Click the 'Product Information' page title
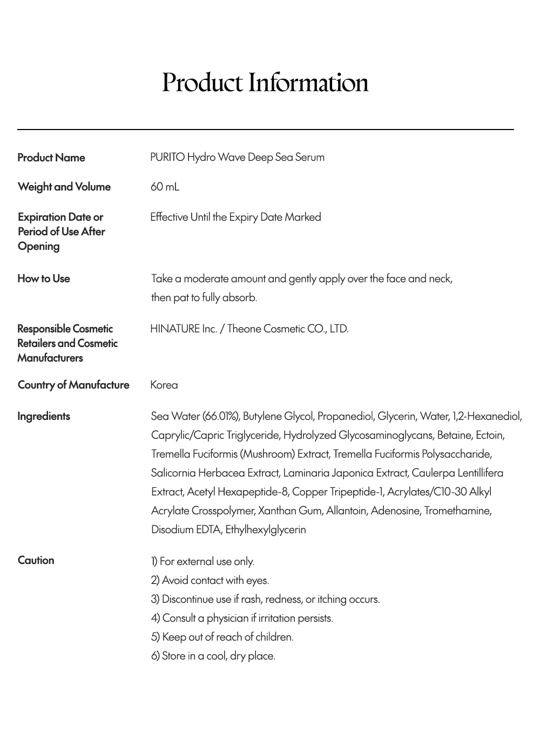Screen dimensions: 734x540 click(x=265, y=83)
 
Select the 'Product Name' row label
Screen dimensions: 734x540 click(x=51, y=158)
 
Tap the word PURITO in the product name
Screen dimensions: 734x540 click(x=167, y=157)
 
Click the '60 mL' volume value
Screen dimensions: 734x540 click(x=165, y=187)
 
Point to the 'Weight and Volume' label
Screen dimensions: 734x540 click(x=64, y=187)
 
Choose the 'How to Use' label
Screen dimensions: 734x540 click(x=44, y=278)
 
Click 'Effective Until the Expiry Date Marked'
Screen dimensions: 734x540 click(x=235, y=217)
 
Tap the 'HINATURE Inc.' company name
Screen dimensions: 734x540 click(x=184, y=329)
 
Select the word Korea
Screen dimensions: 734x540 click(x=164, y=385)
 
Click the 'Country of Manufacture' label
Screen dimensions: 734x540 click(x=73, y=385)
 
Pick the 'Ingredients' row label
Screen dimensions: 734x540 click(x=44, y=416)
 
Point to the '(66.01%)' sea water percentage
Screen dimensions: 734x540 click(x=221, y=416)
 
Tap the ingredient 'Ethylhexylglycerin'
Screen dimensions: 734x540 click(x=266, y=529)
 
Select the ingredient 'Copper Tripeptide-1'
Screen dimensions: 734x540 click(x=338, y=492)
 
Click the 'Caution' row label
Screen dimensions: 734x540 click(x=36, y=560)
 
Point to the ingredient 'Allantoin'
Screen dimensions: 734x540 click(x=346, y=511)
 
